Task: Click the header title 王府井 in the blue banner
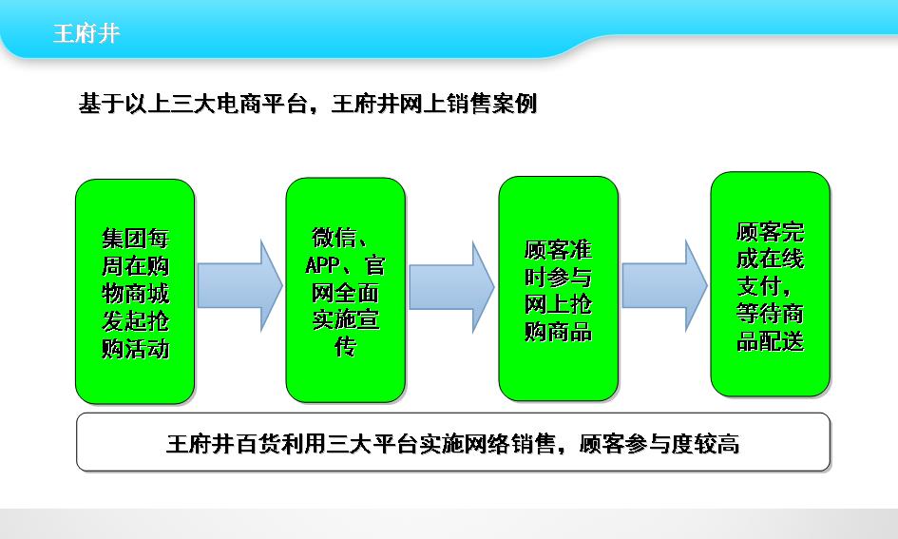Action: tap(86, 33)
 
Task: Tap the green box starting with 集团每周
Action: tap(135, 292)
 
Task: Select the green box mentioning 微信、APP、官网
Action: tap(345, 290)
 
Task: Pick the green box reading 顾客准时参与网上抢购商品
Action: tap(559, 289)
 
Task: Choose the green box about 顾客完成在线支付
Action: tap(771, 284)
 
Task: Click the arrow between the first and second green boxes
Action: tap(240, 286)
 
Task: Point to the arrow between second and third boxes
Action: tap(452, 287)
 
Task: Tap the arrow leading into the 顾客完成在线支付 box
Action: tap(664, 286)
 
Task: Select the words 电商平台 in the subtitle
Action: tap(261, 104)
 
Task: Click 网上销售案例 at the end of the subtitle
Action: tap(468, 104)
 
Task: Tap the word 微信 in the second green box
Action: tap(334, 237)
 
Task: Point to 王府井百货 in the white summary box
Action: tap(223, 444)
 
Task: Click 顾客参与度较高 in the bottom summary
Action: tap(659, 444)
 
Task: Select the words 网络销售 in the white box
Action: tap(510, 444)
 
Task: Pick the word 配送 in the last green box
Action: tap(782, 341)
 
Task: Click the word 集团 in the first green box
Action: tap(124, 239)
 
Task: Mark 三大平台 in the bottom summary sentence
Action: tap(373, 444)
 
